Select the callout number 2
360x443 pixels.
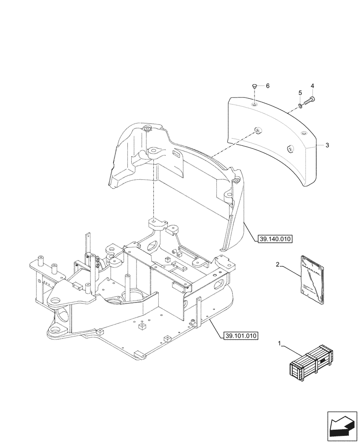pyautogui.click(x=277, y=265)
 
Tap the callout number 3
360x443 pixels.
pyautogui.click(x=326, y=145)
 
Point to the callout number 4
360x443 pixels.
pyautogui.click(x=312, y=85)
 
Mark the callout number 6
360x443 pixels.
pyautogui.click(x=267, y=85)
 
